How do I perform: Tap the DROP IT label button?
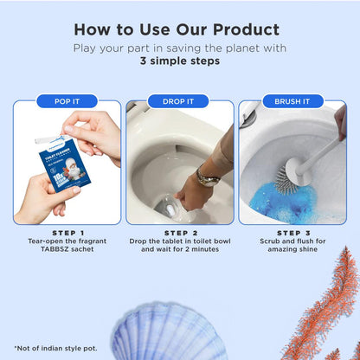coord(179,101)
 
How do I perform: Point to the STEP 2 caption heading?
coord(179,232)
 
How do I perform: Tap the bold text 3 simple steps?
coord(179,61)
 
